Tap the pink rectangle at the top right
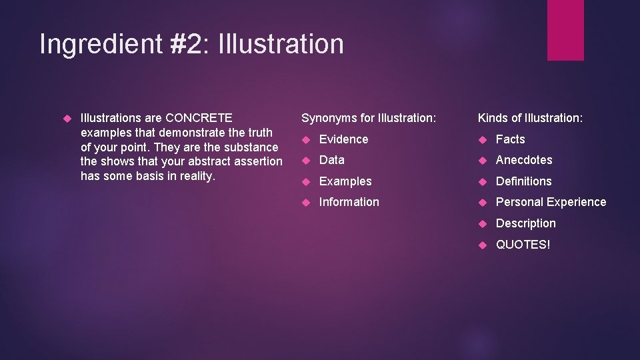click(x=565, y=30)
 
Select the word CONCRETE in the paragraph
click(x=199, y=118)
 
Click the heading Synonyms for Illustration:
click(x=369, y=118)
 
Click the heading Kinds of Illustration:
click(x=530, y=118)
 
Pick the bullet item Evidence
click(x=343, y=139)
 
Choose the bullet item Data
click(x=332, y=160)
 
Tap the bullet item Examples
click(x=345, y=181)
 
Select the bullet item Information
click(x=349, y=202)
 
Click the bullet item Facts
click(x=510, y=139)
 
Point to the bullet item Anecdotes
click(x=524, y=160)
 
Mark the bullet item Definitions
click(x=523, y=181)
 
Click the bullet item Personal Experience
click(x=551, y=202)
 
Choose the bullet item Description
click(x=525, y=223)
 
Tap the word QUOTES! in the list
click(x=523, y=245)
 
